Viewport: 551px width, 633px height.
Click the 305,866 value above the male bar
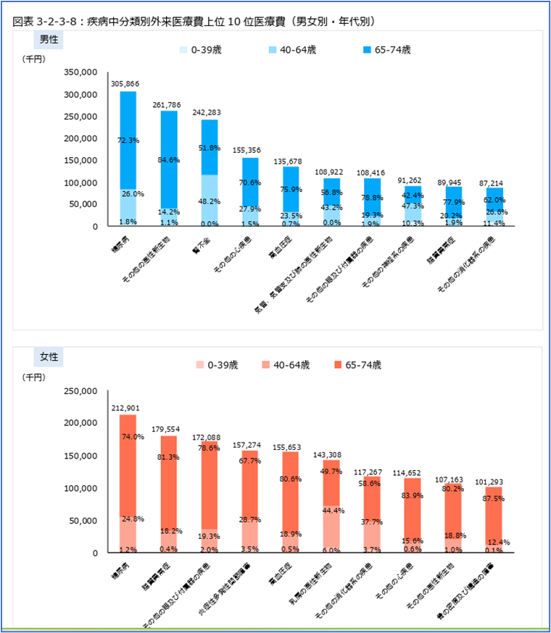[x=128, y=84]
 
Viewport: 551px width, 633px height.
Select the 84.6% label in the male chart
[x=169, y=161]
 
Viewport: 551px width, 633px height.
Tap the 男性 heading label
[x=49, y=38]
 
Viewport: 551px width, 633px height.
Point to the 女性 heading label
[x=49, y=356]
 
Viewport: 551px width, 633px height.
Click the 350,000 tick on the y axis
[x=80, y=72]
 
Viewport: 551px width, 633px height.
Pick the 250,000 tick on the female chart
[x=80, y=391]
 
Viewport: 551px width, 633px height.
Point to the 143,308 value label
[x=331, y=453]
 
